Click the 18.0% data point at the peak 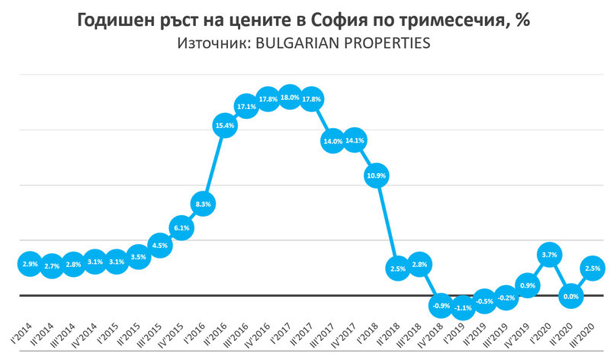pyautogui.click(x=290, y=97)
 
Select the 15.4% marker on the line pyautogui.click(x=224, y=125)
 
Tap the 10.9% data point pyautogui.click(x=376, y=175)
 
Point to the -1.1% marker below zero pyautogui.click(x=462, y=309)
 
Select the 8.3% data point pyautogui.click(x=203, y=204)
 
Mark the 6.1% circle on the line pyautogui.click(x=181, y=228)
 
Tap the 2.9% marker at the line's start pyautogui.click(x=29, y=263)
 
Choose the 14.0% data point pyautogui.click(x=332, y=141)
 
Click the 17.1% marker pyautogui.click(x=246, y=106)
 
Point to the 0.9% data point pyautogui.click(x=527, y=285)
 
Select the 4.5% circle pyautogui.click(x=159, y=246)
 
